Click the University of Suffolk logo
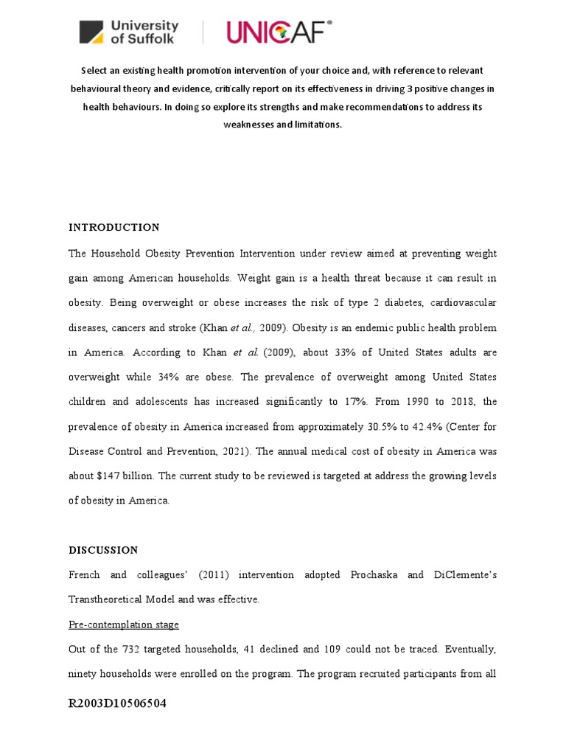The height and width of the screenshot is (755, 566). (x=129, y=32)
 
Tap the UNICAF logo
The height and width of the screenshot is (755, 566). (x=279, y=32)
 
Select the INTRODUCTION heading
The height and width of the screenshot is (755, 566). (x=113, y=227)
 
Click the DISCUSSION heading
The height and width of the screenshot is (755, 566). (x=103, y=550)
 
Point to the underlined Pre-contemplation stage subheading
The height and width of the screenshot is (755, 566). (x=124, y=624)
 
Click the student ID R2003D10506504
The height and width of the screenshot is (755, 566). (x=117, y=703)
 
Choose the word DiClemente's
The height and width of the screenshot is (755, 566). (x=462, y=574)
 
